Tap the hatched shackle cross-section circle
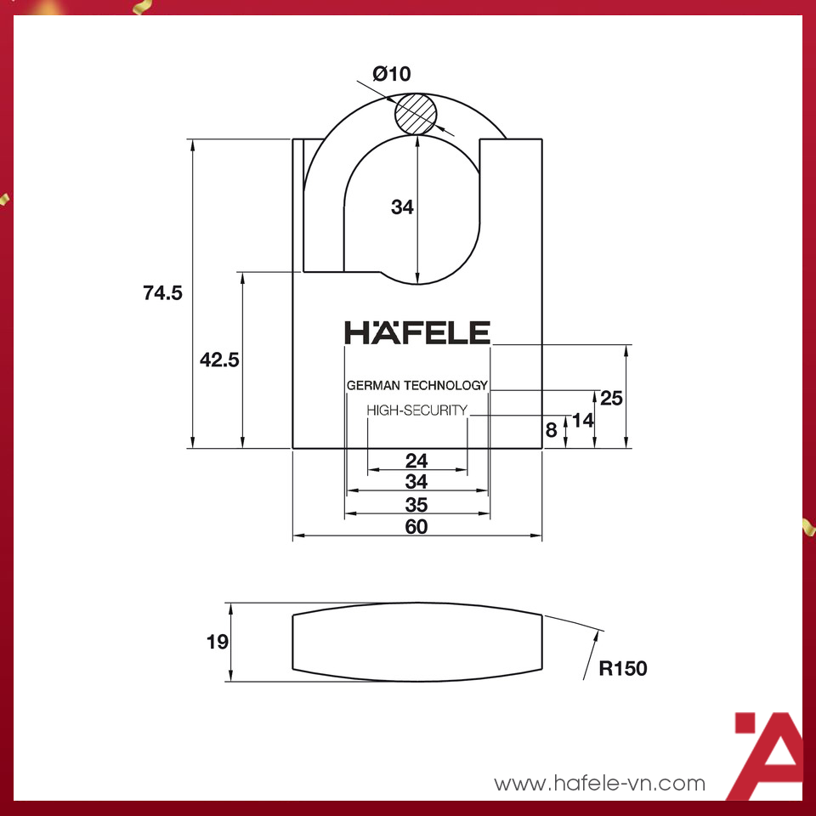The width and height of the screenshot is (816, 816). [x=416, y=113]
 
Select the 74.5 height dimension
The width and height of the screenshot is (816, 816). [x=163, y=293]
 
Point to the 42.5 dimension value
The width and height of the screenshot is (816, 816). [x=219, y=360]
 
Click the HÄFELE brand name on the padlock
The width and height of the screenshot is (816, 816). [x=417, y=332]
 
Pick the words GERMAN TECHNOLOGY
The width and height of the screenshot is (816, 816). [x=417, y=385]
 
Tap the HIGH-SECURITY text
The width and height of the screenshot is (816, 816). [x=416, y=410]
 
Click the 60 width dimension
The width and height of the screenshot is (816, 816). [x=416, y=526]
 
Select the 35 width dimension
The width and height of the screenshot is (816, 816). [x=416, y=505]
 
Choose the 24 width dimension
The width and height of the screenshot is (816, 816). [x=416, y=461]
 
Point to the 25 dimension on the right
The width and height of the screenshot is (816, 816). [x=612, y=397]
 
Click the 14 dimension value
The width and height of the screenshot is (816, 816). [x=582, y=419]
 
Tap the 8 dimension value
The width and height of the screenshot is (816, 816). [x=552, y=430]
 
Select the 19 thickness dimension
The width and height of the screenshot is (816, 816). [x=218, y=642]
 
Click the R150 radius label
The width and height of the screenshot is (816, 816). [x=623, y=669]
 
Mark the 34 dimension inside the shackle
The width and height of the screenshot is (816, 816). [x=402, y=207]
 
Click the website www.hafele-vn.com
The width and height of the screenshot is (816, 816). [x=600, y=783]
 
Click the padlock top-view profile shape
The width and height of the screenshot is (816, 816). [x=417, y=642]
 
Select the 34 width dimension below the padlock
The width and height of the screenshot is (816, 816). [x=416, y=482]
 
